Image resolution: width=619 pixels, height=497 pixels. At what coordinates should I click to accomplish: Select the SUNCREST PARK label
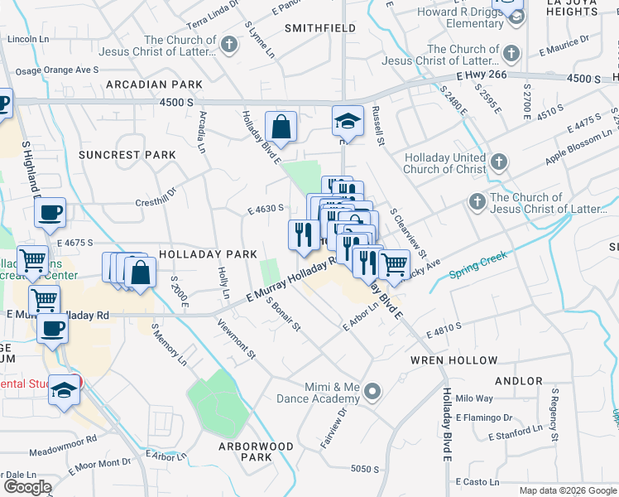(x=127, y=155)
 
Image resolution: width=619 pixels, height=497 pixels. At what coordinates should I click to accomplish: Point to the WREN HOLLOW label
(x=454, y=360)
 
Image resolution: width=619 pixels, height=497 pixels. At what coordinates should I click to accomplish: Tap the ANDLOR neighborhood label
(x=518, y=382)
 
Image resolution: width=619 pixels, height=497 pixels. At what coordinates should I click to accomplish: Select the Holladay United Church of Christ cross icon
(x=497, y=161)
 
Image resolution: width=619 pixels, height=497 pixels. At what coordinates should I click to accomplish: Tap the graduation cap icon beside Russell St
(x=348, y=121)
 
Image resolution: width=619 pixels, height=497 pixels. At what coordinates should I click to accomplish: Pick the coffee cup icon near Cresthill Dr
(x=50, y=211)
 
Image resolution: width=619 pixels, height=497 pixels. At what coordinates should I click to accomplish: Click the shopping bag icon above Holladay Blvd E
(x=281, y=127)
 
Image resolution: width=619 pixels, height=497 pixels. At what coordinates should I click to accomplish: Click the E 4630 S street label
(x=266, y=210)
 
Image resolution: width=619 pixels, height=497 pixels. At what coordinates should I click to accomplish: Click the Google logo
(x=27, y=486)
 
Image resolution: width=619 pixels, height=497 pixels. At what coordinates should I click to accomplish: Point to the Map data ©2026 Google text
(x=566, y=490)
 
